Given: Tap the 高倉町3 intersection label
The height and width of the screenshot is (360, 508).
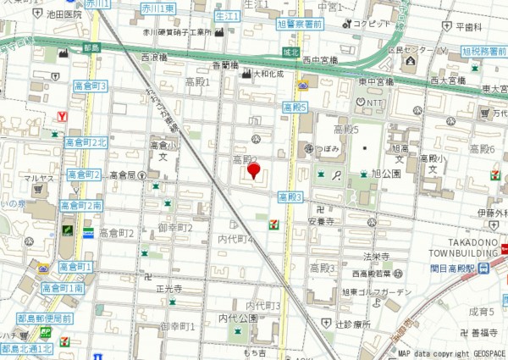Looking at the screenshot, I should (x=91, y=86).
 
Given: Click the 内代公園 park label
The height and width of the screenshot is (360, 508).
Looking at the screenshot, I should (x=237, y=318).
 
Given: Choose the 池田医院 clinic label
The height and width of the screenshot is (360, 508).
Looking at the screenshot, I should (x=65, y=15).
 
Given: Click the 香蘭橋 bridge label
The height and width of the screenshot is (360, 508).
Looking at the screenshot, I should (x=224, y=64).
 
